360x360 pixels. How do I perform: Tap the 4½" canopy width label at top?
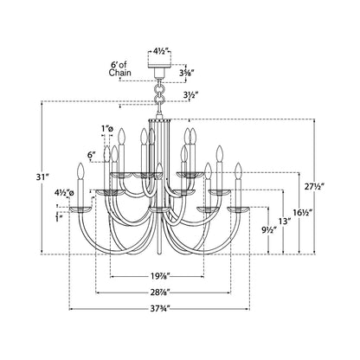pyautogui.click(x=161, y=36)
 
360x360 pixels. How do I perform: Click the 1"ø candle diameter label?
pyautogui.click(x=108, y=131)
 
